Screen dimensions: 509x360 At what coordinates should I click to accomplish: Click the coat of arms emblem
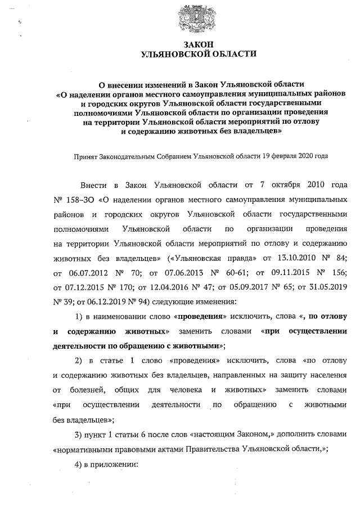tap(192, 16)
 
